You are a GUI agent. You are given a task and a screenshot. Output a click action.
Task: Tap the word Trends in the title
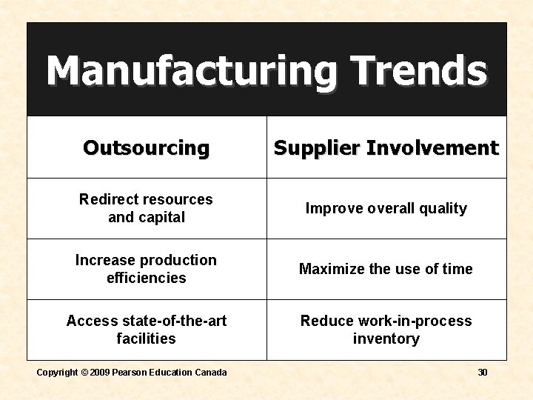point(419,70)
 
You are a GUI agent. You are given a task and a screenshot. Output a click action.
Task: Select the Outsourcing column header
point(147,148)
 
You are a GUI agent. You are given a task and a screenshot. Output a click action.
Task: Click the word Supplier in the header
point(317,148)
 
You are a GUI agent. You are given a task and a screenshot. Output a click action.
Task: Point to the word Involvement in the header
point(432,148)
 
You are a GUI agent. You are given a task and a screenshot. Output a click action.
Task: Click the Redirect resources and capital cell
point(147,208)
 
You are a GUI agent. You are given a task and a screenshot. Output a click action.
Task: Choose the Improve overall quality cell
point(386,208)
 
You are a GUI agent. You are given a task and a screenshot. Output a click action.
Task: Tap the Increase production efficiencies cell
point(147,269)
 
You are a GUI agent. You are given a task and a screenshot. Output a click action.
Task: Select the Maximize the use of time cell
point(386,269)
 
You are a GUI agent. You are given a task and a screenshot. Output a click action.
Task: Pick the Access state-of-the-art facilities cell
point(147,330)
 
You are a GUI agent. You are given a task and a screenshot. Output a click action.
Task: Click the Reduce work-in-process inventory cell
point(386,330)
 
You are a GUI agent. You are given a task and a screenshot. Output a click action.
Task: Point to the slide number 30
point(483,373)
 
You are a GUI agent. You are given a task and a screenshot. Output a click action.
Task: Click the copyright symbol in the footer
point(85,373)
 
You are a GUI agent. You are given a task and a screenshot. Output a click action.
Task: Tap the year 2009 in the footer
point(100,373)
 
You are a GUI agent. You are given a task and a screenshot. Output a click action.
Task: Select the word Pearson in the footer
point(129,373)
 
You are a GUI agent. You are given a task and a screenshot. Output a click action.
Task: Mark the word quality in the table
point(441,208)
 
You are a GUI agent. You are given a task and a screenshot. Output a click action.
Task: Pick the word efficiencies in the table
point(147,278)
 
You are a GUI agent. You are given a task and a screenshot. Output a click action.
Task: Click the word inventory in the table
point(386,339)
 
